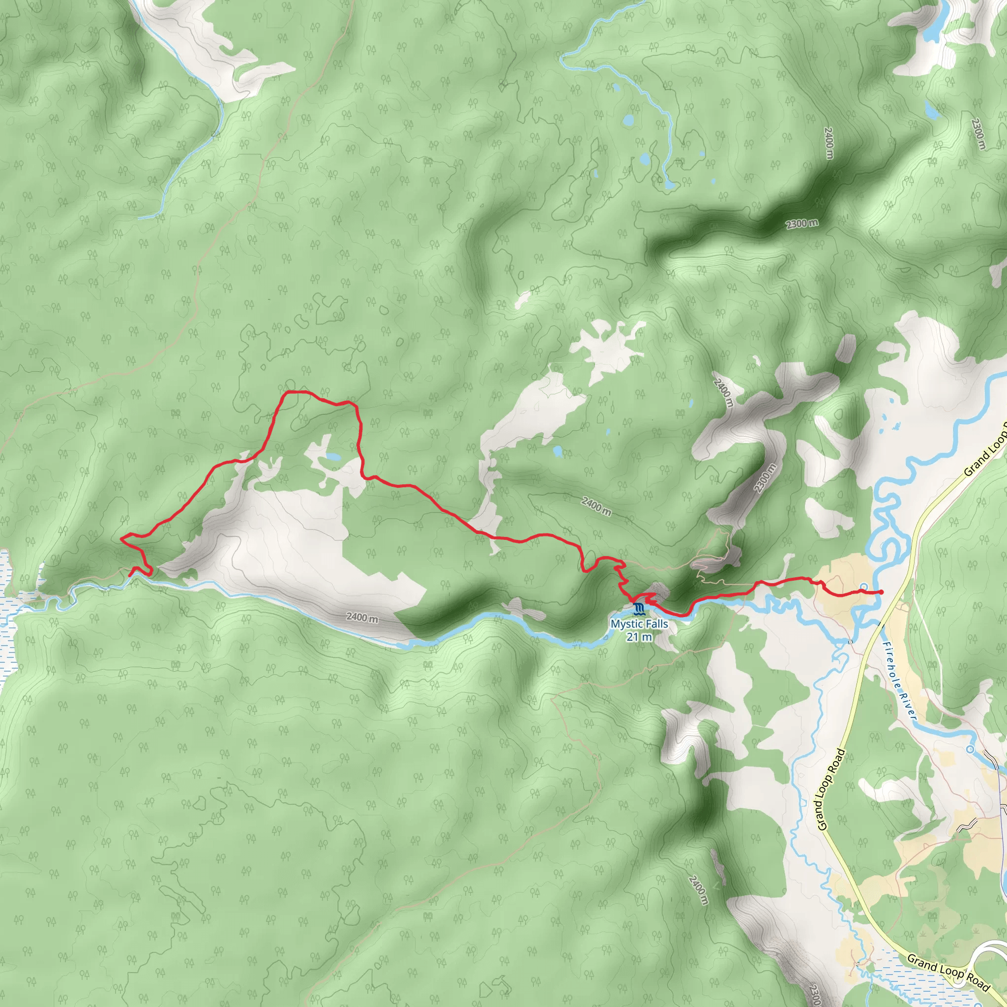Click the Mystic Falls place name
coord(639,624)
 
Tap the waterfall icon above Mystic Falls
coord(639,609)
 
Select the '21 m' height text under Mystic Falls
coord(639,636)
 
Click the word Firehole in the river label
coord(893,666)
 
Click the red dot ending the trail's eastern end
coord(881,592)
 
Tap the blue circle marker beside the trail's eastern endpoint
coord(863,587)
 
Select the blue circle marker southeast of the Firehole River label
coord(970,749)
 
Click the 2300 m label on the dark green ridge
coord(802,224)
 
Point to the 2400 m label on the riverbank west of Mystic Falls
coord(362,618)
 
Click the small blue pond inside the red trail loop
coord(332,458)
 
